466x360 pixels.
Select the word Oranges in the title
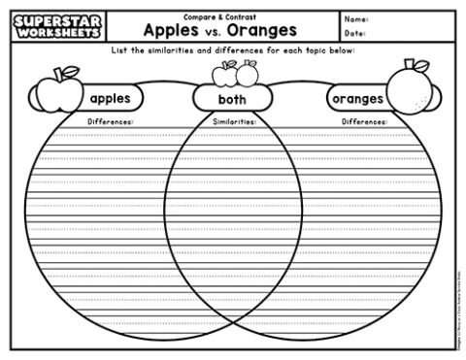pos(263,28)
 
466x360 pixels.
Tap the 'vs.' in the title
pos(216,30)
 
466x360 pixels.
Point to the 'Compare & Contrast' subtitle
pos(215,13)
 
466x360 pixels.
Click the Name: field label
pos(356,17)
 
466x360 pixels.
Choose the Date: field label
pos(355,33)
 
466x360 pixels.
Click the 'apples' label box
pos(110,98)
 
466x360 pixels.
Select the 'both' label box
pos(232,99)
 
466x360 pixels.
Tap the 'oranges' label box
pos(356,99)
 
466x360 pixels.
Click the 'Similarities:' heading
pos(233,123)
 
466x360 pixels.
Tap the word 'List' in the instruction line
pos(121,49)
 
